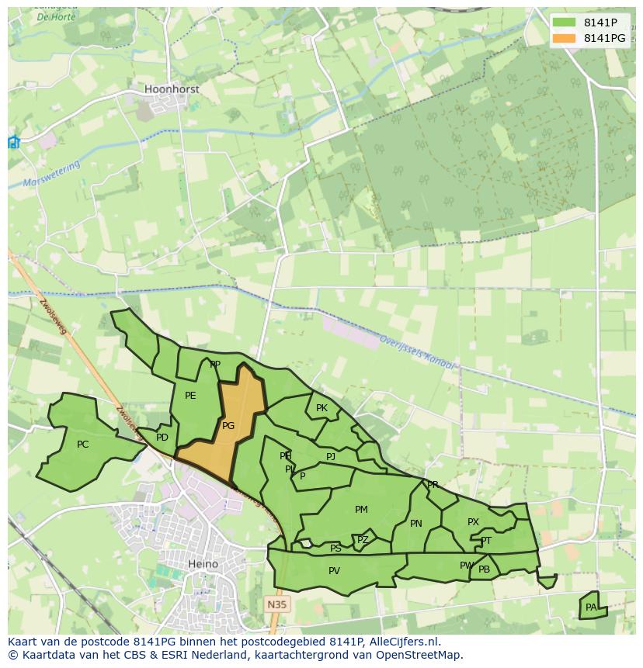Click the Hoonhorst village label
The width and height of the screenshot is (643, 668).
172,89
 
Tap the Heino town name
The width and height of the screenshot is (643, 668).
203,564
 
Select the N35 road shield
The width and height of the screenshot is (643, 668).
275,604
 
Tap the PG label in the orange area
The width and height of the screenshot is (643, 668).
228,426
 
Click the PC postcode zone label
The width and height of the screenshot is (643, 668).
83,445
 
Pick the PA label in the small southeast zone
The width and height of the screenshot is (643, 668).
591,607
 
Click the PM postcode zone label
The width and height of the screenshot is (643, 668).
361,510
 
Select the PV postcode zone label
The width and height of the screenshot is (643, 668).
334,571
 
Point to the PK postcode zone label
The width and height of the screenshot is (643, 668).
321,408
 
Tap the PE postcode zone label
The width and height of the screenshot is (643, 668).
190,396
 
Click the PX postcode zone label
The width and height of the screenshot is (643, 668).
473,522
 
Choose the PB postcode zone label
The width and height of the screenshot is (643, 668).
484,569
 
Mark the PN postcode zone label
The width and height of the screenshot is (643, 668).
416,524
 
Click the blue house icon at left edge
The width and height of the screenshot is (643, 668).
13,142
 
